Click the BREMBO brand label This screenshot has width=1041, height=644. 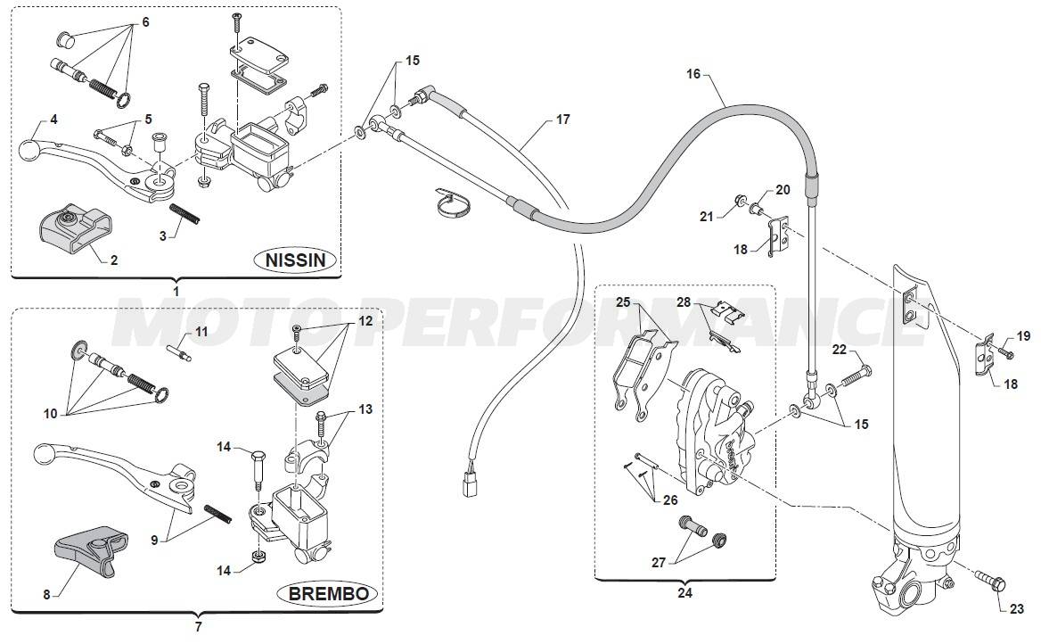329,593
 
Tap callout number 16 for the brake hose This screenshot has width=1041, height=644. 693,75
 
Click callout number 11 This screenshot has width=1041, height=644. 201,332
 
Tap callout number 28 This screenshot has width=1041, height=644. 684,301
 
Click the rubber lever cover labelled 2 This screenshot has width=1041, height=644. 69,227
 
